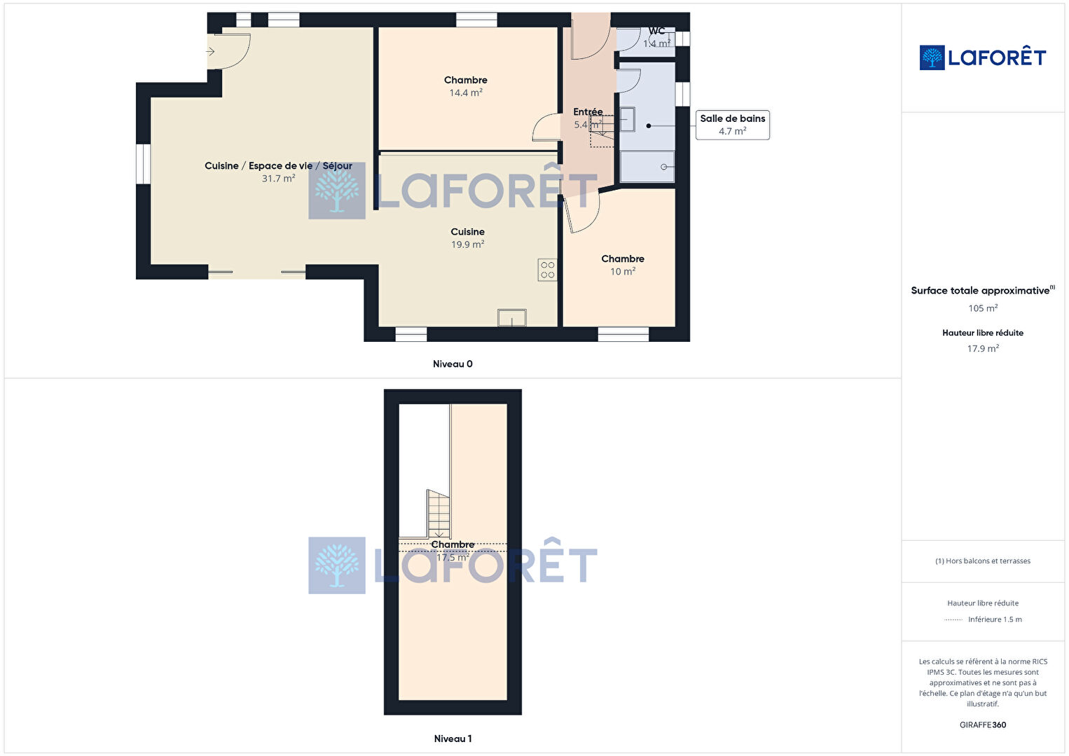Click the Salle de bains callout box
pos(732,125)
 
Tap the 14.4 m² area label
pos(466,92)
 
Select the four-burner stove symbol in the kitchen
pos(547,270)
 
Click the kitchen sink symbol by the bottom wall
pos(512,318)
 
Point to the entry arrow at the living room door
pos(210,52)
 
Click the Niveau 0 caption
pos(453,364)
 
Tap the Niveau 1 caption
pos(453,738)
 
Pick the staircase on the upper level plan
pos(438,514)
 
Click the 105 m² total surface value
pos(983,308)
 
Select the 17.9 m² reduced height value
pos(983,348)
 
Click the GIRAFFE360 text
pos(983,724)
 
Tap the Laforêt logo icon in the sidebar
pos(932,57)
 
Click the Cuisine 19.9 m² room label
pos(468,238)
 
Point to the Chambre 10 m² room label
pos(623,265)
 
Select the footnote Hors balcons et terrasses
pos(983,561)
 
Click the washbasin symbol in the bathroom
pos(628,119)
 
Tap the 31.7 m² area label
pos(278,179)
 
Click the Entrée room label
pos(588,111)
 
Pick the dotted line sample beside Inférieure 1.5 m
pos(953,619)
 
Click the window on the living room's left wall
pos(143,164)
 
